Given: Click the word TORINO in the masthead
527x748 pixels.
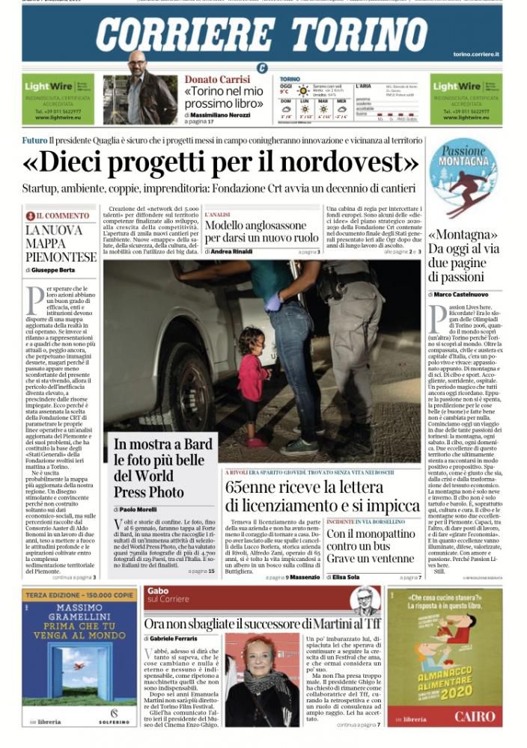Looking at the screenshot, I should [364, 34].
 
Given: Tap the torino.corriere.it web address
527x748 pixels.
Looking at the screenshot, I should [478, 55].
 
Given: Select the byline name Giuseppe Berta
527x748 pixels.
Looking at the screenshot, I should [55, 269].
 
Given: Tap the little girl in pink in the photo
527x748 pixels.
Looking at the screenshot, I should [252, 381].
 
